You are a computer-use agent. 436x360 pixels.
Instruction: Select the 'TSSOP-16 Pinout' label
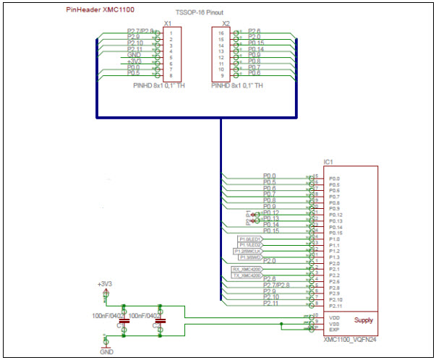[x=200, y=14]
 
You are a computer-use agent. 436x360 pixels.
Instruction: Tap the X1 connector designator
[x=168, y=23]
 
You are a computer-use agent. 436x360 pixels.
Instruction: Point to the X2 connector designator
[x=226, y=23]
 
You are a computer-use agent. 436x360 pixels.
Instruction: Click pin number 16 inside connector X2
[x=221, y=33]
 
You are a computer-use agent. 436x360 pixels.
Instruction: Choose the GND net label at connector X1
[x=134, y=55]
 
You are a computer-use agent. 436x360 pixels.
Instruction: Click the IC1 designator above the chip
[x=328, y=161]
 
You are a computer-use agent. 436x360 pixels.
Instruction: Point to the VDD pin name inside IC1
[x=334, y=317]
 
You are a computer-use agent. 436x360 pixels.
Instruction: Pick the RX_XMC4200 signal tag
[x=247, y=269]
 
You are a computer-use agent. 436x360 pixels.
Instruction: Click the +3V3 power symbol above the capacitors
[x=106, y=284]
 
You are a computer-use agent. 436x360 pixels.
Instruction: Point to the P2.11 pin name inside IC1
[x=335, y=305]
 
